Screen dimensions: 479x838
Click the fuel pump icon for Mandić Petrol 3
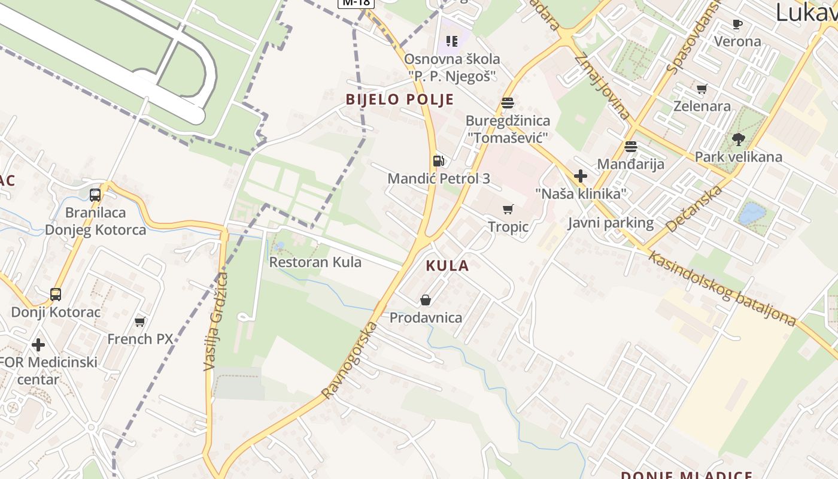(x=439, y=160)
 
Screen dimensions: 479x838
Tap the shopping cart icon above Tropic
(x=508, y=209)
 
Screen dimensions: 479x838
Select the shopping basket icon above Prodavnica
(x=426, y=300)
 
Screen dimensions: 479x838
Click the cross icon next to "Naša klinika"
(x=580, y=176)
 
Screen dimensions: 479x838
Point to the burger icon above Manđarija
(x=630, y=147)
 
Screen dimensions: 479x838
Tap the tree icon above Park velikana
(x=738, y=140)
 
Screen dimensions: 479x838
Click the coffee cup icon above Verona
(x=737, y=25)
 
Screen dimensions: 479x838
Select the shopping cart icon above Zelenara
(x=702, y=89)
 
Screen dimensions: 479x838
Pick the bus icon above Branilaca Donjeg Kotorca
(x=95, y=195)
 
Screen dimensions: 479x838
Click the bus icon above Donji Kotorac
(x=56, y=295)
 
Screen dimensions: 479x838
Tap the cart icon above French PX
(x=140, y=322)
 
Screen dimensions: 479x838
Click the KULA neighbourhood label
(x=447, y=266)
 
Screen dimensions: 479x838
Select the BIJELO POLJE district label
(x=400, y=99)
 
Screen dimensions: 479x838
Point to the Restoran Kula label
(x=315, y=262)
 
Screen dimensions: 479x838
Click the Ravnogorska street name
(x=350, y=360)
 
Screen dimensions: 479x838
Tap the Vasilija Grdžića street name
(x=216, y=322)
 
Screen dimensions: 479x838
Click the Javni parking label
(x=611, y=223)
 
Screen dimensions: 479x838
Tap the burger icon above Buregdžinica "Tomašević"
(x=508, y=103)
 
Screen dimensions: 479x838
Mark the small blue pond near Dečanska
(x=752, y=214)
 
